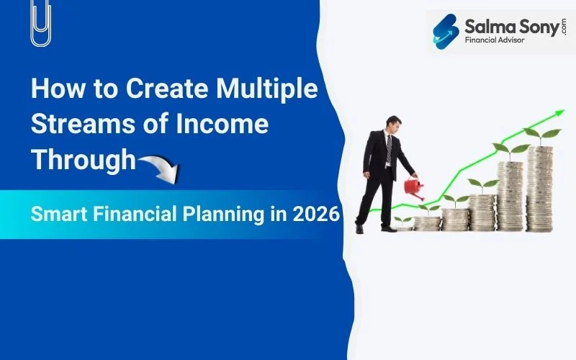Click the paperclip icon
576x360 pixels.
pos(40,23)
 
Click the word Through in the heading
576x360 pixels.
pos(83,158)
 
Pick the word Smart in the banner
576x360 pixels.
pos(61,215)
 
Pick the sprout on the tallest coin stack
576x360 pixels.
pos(541,135)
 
